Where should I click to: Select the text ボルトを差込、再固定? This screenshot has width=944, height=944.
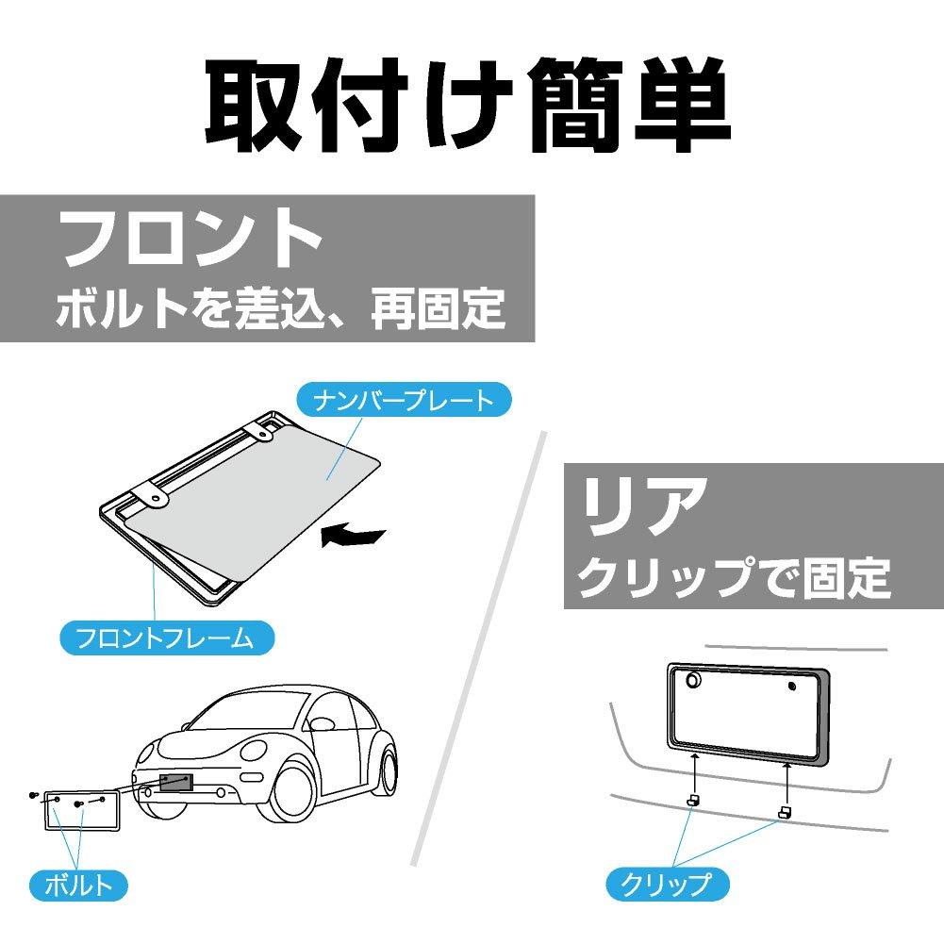[x=280, y=308]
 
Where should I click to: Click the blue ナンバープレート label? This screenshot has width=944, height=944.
[x=403, y=400]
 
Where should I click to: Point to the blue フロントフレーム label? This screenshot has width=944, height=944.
[x=166, y=638]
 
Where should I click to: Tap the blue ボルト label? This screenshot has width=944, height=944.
[x=78, y=884]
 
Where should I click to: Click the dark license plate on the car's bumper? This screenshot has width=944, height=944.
[x=176, y=783]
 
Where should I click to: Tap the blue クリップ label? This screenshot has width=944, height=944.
[x=667, y=884]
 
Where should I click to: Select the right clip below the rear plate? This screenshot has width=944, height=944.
[x=784, y=810]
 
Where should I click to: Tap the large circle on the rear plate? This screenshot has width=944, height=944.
[x=693, y=680]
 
